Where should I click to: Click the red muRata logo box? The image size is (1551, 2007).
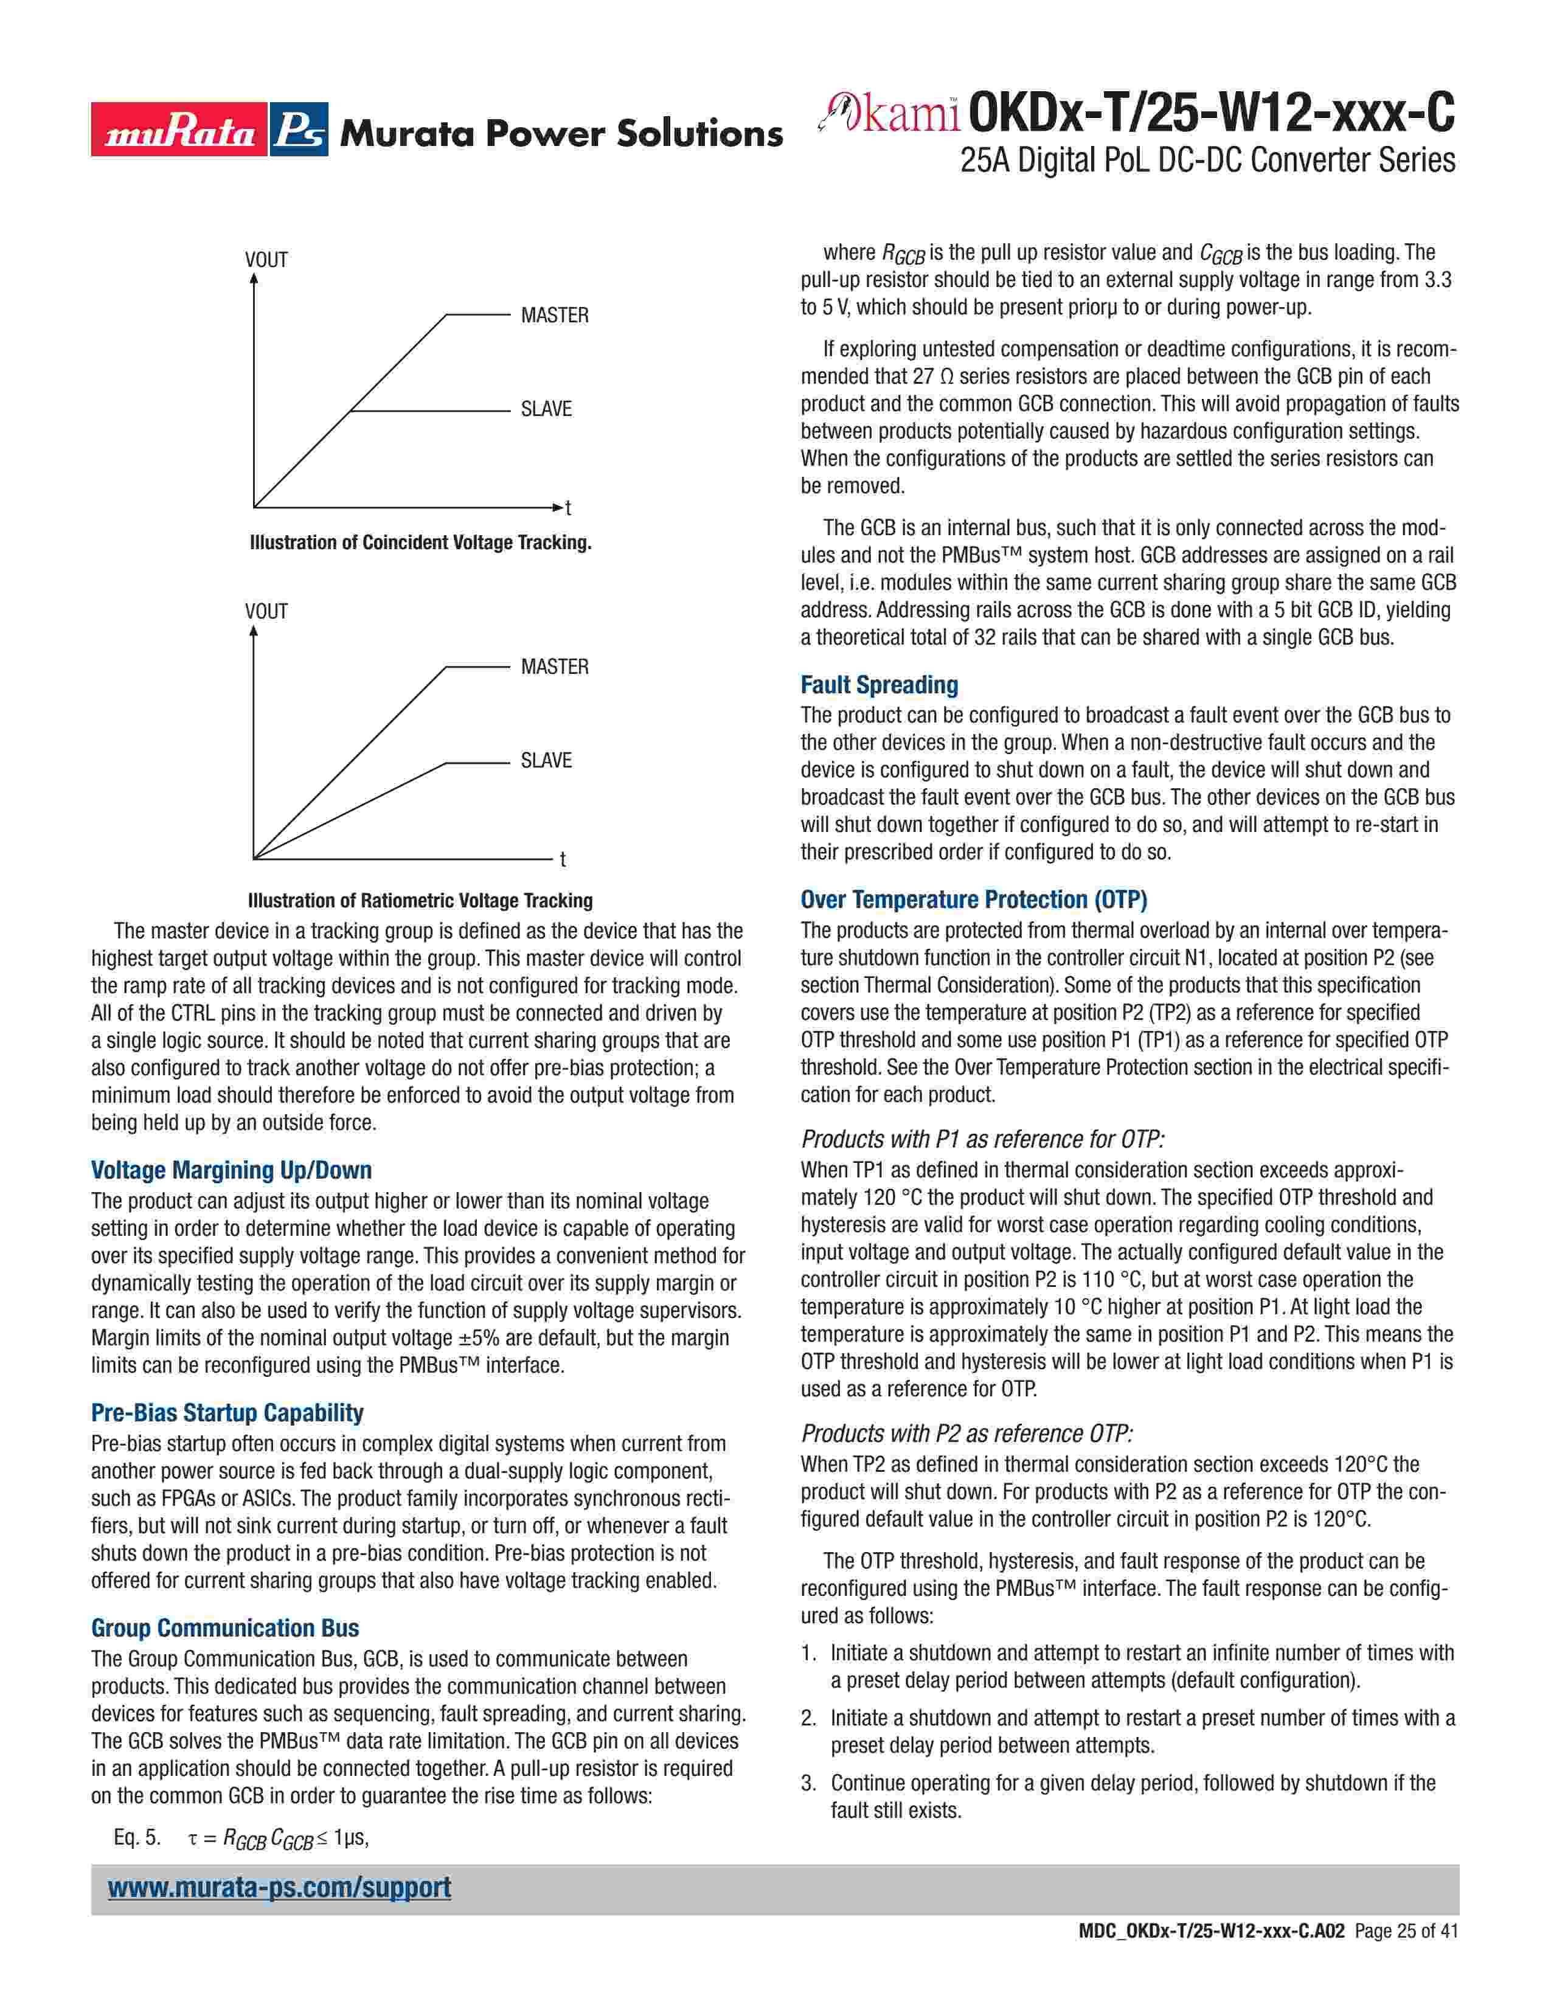179,130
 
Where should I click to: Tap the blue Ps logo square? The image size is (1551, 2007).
299,130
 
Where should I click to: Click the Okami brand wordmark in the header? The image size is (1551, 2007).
891,113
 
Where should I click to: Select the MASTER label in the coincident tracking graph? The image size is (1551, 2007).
554,315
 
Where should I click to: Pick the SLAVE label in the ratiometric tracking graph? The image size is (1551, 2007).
546,760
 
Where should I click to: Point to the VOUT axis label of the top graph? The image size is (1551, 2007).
266,260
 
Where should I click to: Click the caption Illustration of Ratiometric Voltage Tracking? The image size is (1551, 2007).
420,901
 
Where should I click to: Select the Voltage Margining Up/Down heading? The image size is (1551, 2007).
232,1170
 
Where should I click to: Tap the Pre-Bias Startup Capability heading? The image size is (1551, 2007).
227,1412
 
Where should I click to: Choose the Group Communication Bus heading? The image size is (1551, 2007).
225,1627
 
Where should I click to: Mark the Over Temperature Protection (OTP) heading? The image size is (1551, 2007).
974,900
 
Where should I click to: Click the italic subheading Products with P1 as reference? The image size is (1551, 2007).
982,1140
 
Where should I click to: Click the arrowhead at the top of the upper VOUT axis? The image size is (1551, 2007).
254,277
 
